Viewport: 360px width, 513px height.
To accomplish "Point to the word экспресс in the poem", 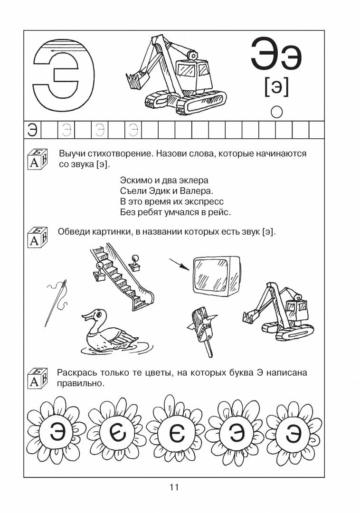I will click(204, 202).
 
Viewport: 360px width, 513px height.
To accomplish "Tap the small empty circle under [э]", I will click(276, 112).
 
